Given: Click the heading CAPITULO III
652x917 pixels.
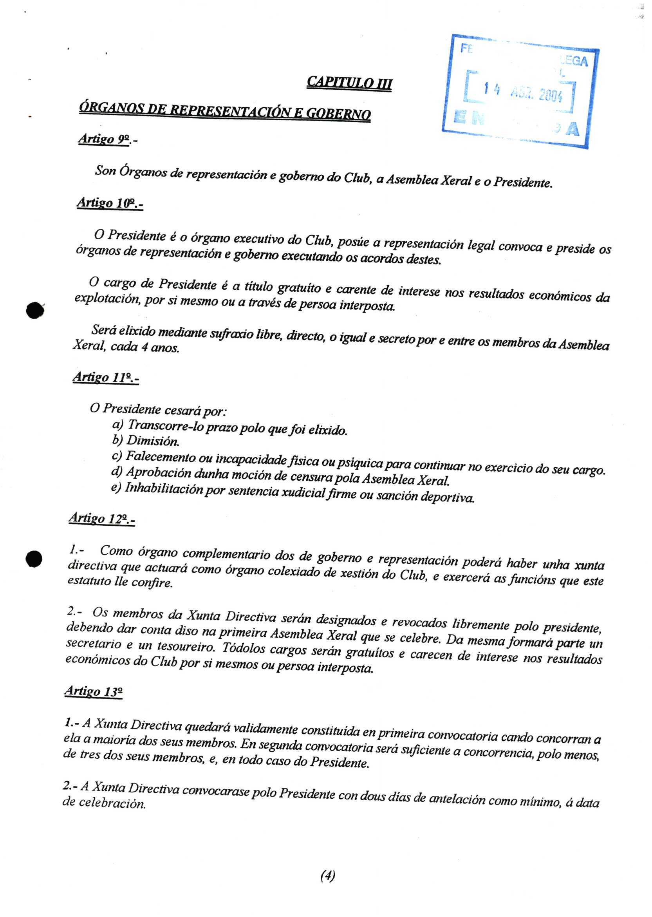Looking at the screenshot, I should (349, 83).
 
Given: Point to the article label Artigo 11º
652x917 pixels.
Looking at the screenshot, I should (105, 378).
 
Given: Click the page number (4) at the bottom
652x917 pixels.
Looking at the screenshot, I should (328, 875).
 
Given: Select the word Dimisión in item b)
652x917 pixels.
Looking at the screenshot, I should (153, 441).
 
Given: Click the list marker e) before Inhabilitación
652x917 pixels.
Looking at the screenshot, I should (116, 488).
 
